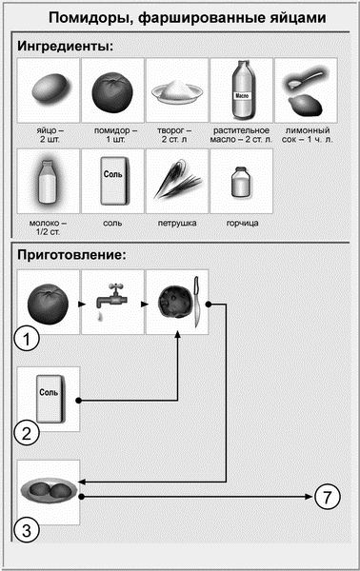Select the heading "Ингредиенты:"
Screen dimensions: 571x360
pyautogui.click(x=61, y=45)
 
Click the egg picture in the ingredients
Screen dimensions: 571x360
pyautogui.click(x=48, y=89)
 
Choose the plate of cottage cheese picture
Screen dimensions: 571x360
pyautogui.click(x=175, y=90)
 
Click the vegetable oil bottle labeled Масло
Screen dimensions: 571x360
pyautogui.click(x=240, y=89)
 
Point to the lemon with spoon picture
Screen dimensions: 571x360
pyautogui.click(x=305, y=89)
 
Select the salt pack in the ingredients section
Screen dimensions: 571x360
pyautogui.click(x=111, y=181)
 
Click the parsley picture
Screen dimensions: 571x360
pyautogui.click(x=175, y=181)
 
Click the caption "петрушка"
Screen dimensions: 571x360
pyautogui.click(x=176, y=224)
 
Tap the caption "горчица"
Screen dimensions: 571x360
pyautogui.click(x=240, y=224)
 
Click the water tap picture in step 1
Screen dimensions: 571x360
pyautogui.click(x=111, y=302)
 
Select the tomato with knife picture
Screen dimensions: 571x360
pyautogui.click(x=177, y=302)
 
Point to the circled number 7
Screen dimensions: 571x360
pyautogui.click(x=326, y=496)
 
